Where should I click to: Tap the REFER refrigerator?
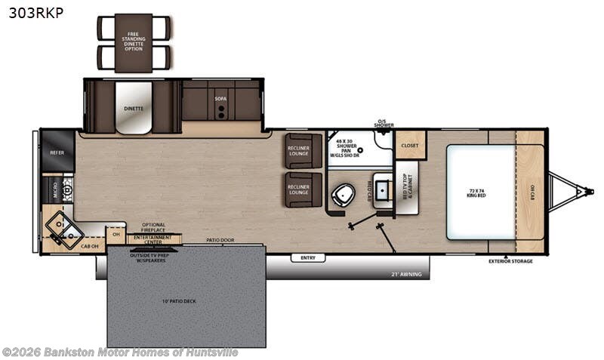[x=57, y=152]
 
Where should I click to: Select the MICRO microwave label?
[x=54, y=189]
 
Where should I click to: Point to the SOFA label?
[x=220, y=98]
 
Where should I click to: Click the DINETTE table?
[x=134, y=108]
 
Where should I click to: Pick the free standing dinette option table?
[x=134, y=42]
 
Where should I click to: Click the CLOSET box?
[x=411, y=145]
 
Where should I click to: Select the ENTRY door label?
[x=307, y=258]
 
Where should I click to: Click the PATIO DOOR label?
[x=219, y=241]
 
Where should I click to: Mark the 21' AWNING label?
[x=405, y=273]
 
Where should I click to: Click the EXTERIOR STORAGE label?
[x=511, y=261]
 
